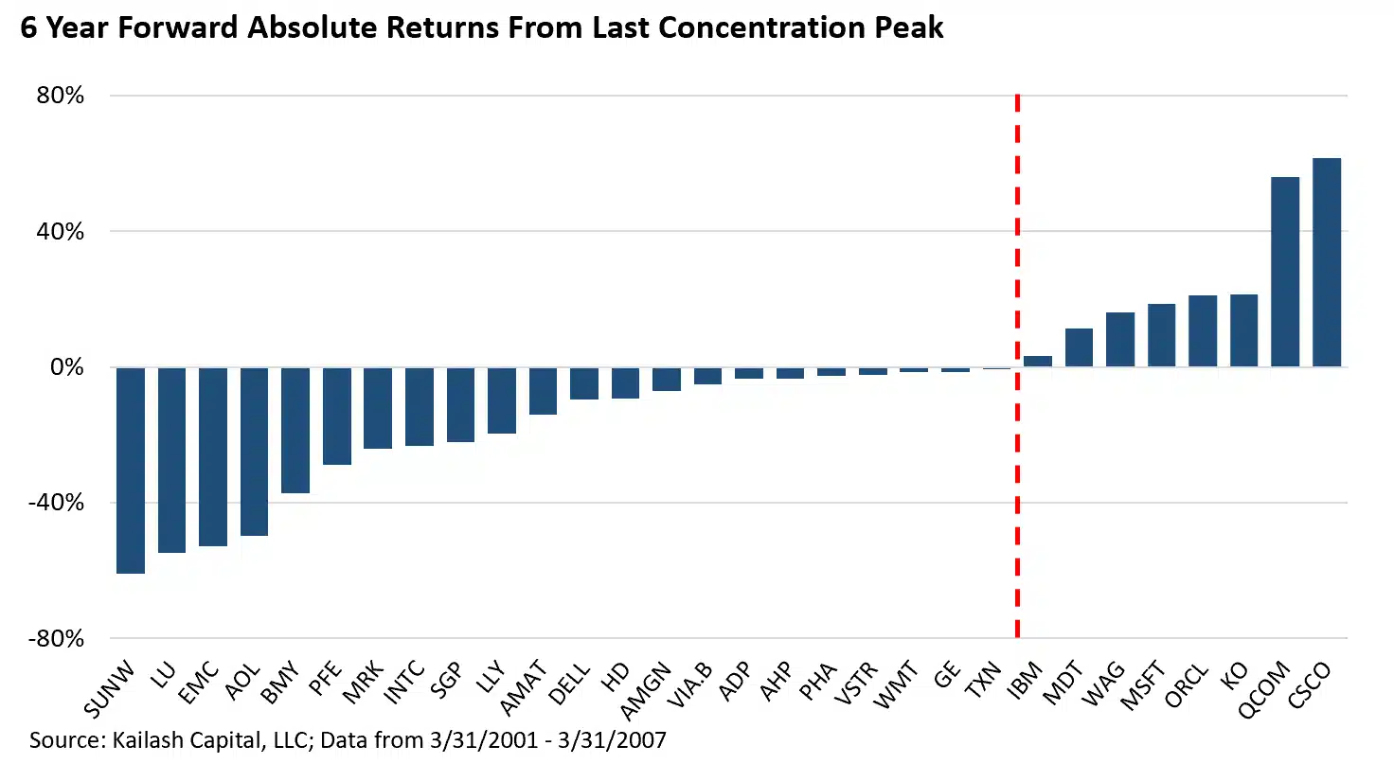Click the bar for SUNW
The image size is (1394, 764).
point(131,470)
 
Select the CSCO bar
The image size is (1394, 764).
point(1327,262)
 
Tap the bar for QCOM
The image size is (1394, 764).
point(1285,272)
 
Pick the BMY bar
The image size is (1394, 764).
point(295,430)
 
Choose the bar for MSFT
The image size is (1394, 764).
point(1161,335)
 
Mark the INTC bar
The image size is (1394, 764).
point(420,406)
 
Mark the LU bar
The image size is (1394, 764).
point(171,459)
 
